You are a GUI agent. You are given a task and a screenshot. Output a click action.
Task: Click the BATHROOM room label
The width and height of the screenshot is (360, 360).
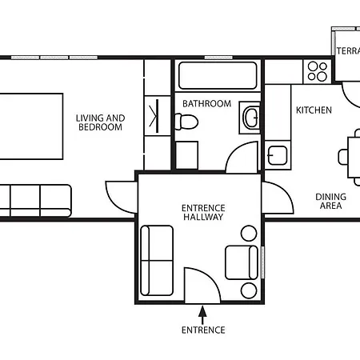206,103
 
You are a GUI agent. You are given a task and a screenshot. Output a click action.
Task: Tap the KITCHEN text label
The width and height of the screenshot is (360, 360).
314,110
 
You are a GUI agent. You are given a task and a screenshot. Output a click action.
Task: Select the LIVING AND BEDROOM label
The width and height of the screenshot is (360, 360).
100,122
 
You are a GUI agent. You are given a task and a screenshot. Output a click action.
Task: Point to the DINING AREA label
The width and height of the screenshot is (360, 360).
330,201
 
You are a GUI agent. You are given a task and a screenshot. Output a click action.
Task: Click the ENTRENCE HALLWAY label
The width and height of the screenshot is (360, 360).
203,212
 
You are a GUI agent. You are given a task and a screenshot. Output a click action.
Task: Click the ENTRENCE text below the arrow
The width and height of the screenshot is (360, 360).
203,330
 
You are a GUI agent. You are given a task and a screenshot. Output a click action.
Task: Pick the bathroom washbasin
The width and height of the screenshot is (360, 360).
250,118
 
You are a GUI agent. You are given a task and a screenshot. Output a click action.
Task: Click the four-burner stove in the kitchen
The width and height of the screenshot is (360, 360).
318,70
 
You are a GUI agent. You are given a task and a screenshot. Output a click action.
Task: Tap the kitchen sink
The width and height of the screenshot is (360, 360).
278,156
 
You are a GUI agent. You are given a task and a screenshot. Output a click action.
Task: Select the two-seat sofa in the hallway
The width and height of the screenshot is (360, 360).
157,260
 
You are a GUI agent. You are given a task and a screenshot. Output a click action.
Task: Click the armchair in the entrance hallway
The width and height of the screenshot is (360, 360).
242,262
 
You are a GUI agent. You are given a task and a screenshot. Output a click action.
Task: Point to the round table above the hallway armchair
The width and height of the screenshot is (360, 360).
249,234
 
